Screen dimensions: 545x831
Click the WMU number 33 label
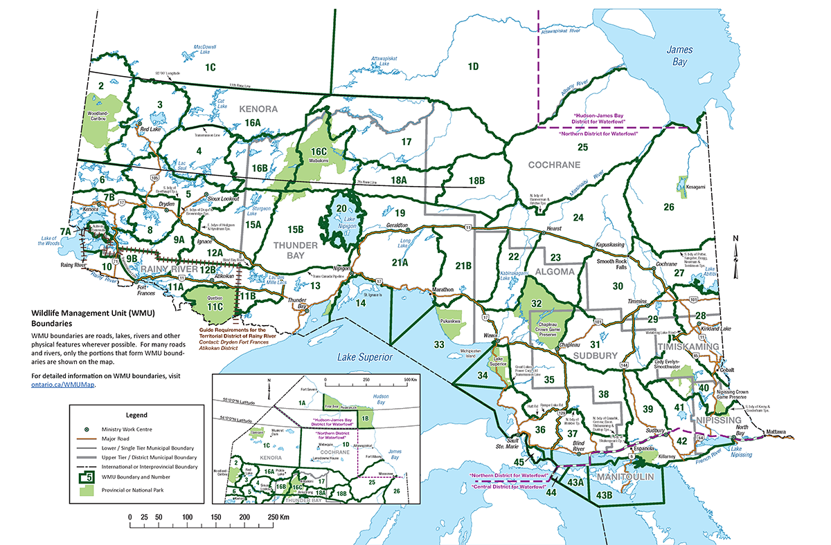(x=439, y=344)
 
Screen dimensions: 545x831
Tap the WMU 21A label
(x=400, y=263)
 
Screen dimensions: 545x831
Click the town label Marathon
(x=443, y=289)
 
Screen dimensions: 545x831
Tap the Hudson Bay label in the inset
(x=378, y=396)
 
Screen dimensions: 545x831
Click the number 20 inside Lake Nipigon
(x=341, y=208)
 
